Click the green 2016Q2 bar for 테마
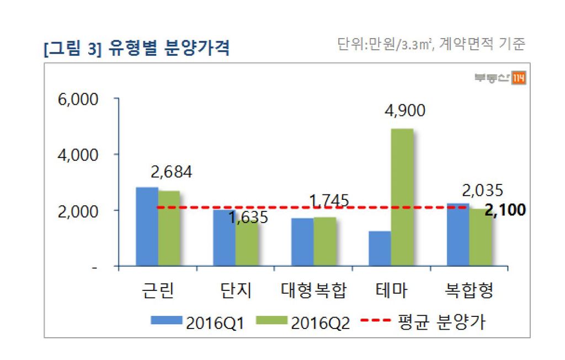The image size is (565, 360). (402, 197)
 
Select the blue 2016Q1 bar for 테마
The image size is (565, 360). (380, 248)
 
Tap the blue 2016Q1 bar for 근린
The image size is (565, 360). (147, 226)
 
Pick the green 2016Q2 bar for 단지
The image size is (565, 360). (246, 245)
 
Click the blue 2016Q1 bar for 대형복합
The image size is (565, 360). (302, 242)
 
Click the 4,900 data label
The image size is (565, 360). (404, 111)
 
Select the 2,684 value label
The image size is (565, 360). (171, 172)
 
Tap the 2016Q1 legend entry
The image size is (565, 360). (198, 322)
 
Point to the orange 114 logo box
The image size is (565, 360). (519, 78)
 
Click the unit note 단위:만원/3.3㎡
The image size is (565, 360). (386, 44)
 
